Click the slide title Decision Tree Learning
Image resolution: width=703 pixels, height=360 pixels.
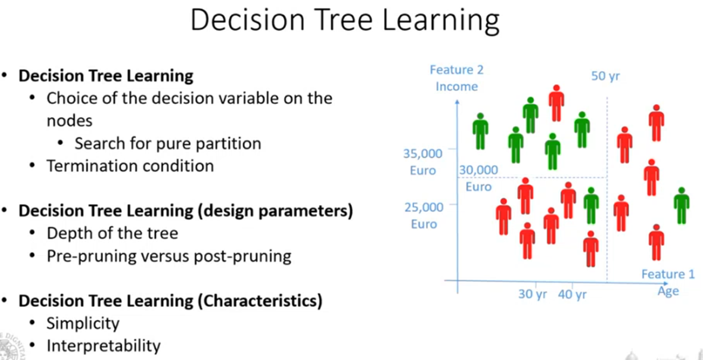344,20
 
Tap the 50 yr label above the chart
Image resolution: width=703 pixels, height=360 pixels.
605,76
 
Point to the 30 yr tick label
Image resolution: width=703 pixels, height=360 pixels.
532,294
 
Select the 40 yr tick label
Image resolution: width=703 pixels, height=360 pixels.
572,294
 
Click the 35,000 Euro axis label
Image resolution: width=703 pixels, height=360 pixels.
423,162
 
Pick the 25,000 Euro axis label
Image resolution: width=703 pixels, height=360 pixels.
423,215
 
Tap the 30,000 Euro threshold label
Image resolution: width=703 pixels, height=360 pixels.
478,178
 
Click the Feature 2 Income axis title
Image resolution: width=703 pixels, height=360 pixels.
456,78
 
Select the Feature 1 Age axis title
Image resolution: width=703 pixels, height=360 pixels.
667,282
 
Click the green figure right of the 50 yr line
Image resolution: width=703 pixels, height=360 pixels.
681,205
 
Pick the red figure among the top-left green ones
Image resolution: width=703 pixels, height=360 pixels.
556,103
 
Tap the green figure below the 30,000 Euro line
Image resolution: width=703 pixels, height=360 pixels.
590,205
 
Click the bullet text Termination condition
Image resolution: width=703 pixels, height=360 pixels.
130,166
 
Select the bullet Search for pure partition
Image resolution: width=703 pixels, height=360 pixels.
168,143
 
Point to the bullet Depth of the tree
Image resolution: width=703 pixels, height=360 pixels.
112,233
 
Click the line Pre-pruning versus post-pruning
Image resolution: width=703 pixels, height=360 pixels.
169,256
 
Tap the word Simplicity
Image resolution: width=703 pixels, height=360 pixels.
83,323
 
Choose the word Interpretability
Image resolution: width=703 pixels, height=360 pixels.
103,346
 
